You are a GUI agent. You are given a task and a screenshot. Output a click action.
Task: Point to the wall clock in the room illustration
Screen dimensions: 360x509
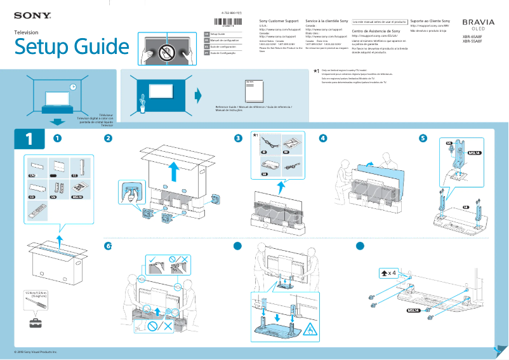coord(73,87)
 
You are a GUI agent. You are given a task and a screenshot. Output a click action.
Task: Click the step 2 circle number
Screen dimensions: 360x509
coord(109,138)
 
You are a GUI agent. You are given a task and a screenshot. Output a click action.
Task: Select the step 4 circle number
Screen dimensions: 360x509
coord(323,138)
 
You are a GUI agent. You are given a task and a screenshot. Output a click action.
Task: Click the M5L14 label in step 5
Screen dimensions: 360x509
coord(473,153)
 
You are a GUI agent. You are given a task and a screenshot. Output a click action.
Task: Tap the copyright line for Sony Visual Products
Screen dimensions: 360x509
coord(36,351)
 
